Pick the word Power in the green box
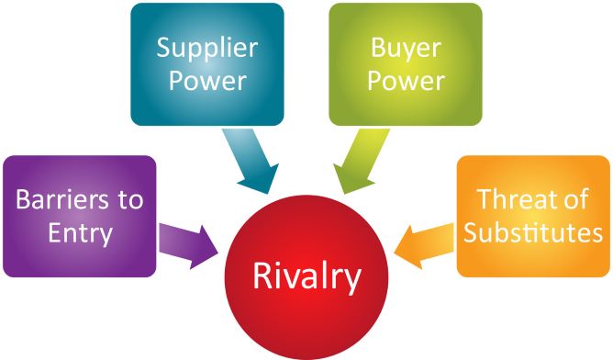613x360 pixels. [x=405, y=80]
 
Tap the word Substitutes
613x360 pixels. [x=533, y=232]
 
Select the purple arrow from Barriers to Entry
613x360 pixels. [x=189, y=242]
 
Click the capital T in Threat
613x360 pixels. [x=482, y=198]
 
